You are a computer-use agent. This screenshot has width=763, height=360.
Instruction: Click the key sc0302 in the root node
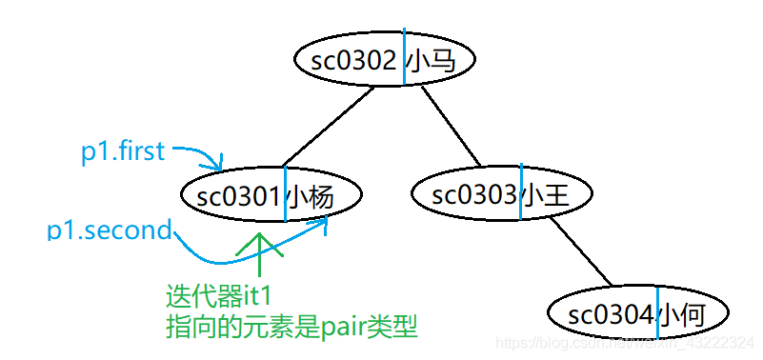(x=352, y=62)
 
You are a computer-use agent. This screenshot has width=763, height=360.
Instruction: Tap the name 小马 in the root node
(x=430, y=62)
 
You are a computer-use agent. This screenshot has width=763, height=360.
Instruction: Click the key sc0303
(x=474, y=195)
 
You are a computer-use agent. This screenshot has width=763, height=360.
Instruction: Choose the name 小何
(x=682, y=313)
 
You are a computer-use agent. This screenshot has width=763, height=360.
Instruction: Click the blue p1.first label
(x=123, y=151)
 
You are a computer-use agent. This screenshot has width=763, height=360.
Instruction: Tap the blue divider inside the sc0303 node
(x=520, y=193)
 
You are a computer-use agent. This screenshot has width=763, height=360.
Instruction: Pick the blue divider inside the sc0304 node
(x=657, y=311)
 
